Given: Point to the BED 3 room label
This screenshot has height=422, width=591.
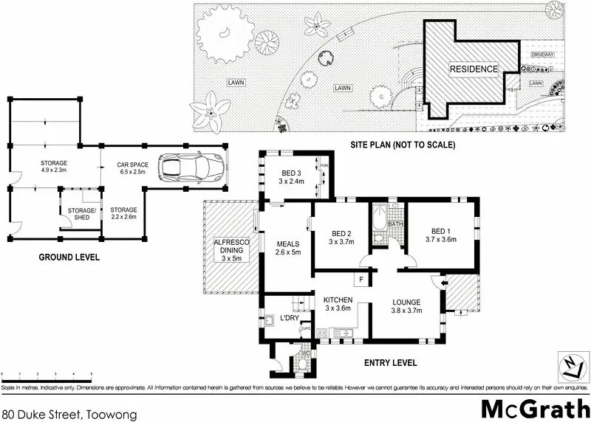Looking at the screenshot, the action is pos(290,176).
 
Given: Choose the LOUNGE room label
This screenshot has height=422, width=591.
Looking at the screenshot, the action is pos(406,306).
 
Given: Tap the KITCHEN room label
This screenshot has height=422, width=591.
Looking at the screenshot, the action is pos(338,303).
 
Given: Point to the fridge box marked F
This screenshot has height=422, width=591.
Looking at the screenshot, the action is pos(362,280).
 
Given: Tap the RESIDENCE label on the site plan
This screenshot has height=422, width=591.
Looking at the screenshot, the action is pos(474,69).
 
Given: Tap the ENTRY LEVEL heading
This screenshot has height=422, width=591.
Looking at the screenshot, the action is pos(392,363).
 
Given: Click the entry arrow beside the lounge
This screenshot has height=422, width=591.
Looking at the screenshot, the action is pos(443,281).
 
